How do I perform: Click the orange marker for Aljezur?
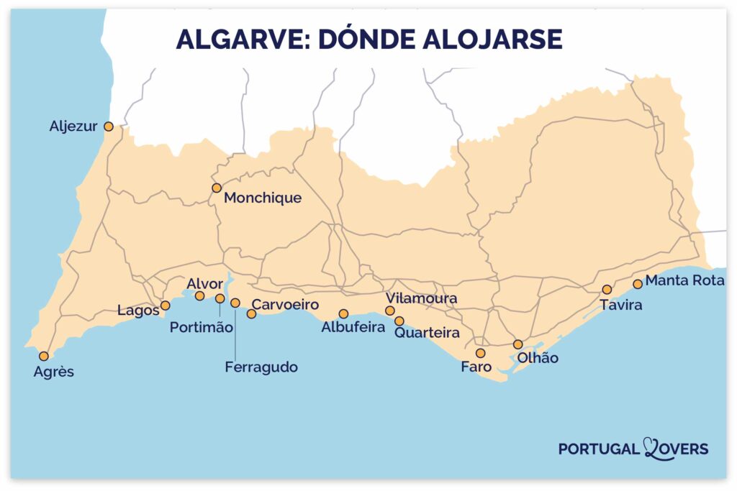tap(109, 127)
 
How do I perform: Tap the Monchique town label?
tap(263, 198)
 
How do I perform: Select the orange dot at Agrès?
tap(44, 356)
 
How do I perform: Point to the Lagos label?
tap(137, 311)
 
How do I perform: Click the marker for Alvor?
tap(200, 295)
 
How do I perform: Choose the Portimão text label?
tap(202, 328)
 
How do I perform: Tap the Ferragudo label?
tap(261, 367)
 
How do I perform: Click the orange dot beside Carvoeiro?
tap(251, 313)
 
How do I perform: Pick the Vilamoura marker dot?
tap(390, 311)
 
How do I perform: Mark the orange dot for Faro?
tap(480, 353)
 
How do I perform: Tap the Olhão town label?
tap(533, 358)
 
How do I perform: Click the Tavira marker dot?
tap(607, 289)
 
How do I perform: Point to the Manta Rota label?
tap(684, 280)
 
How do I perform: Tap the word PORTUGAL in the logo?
tap(599, 449)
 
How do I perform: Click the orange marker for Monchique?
tap(217, 188)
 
